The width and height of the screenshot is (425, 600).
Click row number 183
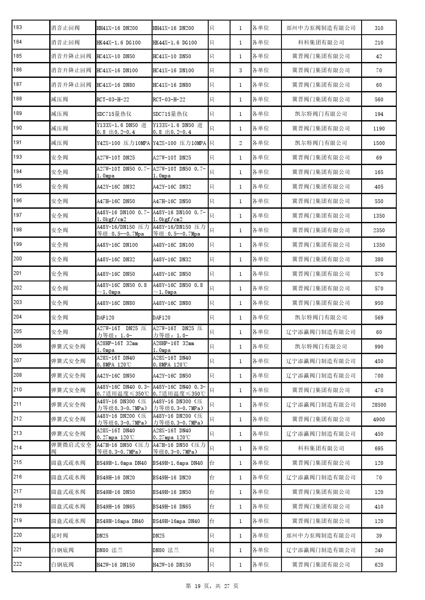tap(18, 28)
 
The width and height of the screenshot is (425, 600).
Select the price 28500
tap(379, 405)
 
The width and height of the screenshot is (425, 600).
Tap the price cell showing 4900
tap(379, 420)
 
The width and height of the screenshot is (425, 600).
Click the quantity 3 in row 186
tap(240, 71)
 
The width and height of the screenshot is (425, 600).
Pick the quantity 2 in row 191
tap(240, 143)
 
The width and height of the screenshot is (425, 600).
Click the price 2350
tap(379, 231)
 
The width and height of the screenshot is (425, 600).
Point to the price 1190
tap(379, 129)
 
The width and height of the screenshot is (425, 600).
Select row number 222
tap(18, 564)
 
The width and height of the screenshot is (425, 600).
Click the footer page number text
tap(212, 586)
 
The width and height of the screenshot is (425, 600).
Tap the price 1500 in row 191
tap(379, 143)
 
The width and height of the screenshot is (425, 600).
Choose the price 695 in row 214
tap(379, 449)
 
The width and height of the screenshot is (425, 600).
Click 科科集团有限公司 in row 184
tap(321, 42)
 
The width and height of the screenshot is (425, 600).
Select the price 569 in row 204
tap(379, 318)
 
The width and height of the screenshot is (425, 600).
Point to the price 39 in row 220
tap(379, 536)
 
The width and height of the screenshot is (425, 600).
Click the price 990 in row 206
tap(379, 347)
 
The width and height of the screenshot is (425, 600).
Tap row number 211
tap(18, 404)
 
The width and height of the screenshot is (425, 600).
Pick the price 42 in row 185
tap(379, 56)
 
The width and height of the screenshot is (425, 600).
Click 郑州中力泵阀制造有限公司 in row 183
tap(321, 28)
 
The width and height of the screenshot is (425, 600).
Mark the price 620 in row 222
tap(379, 565)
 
